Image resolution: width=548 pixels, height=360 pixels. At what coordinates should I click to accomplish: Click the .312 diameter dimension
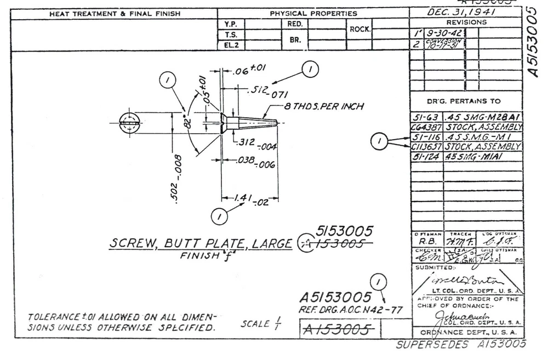coord(256,144)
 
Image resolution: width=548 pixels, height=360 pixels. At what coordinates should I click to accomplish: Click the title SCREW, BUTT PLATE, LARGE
coord(201,243)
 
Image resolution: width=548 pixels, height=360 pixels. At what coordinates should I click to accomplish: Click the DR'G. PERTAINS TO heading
coord(466,101)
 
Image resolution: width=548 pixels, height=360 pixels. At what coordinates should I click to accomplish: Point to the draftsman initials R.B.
coord(425,239)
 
